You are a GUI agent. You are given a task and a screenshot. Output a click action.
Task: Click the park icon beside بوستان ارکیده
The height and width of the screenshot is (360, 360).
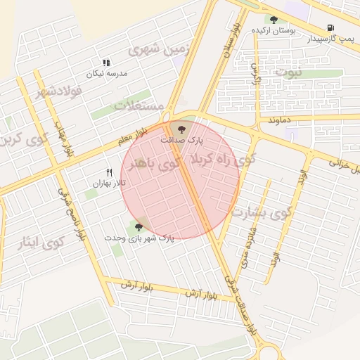click(x=274, y=20)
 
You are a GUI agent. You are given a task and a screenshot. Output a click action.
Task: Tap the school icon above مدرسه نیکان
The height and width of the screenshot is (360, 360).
click(x=107, y=63)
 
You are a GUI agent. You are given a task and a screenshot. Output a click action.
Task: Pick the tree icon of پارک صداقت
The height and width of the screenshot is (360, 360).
click(x=182, y=129)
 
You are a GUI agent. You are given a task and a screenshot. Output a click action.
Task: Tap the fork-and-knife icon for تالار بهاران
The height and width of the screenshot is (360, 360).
click(x=108, y=172)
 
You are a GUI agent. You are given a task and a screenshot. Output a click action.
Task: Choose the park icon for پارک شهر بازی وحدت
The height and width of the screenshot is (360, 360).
click(x=138, y=226)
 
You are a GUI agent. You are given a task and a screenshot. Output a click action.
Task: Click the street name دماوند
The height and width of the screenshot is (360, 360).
click(x=278, y=121)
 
